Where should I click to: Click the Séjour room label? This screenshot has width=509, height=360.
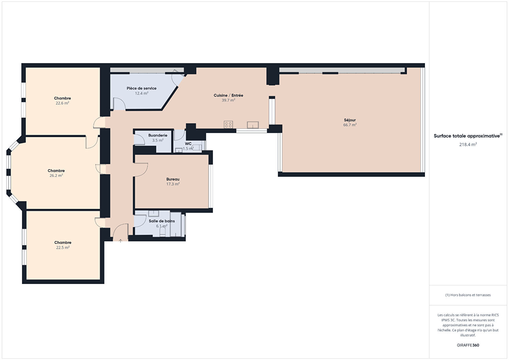pos(350,120)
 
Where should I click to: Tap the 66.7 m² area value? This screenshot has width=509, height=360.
pos(350,125)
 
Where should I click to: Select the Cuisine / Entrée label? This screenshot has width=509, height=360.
pos(228,95)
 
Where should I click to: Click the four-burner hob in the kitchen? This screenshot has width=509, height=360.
pos(228,124)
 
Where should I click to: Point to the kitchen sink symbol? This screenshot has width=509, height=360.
pos(253,125)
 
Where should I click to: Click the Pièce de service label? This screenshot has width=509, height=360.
pos(141,88)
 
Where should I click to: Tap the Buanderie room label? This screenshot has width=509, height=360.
pos(158,135)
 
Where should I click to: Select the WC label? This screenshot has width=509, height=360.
pos(188,144)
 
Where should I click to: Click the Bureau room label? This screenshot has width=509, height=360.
pos(173,179)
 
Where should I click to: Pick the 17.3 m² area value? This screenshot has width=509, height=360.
pos(173,184)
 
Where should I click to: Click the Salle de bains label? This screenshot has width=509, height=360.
pos(162,221)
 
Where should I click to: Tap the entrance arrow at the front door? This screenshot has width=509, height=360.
pos(120,241)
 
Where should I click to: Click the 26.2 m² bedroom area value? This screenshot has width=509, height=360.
pos(56,175)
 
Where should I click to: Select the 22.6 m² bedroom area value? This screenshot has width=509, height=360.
pos(62,103)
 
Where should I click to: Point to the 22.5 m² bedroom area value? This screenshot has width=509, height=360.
pos(63,248)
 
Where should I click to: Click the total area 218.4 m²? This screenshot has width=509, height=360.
pos(468,144)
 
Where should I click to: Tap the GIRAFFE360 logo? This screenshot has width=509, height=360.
pos(468,345)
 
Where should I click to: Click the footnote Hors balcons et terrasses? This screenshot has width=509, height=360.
pos(468,295)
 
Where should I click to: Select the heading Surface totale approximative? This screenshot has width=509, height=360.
pos(467,136)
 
